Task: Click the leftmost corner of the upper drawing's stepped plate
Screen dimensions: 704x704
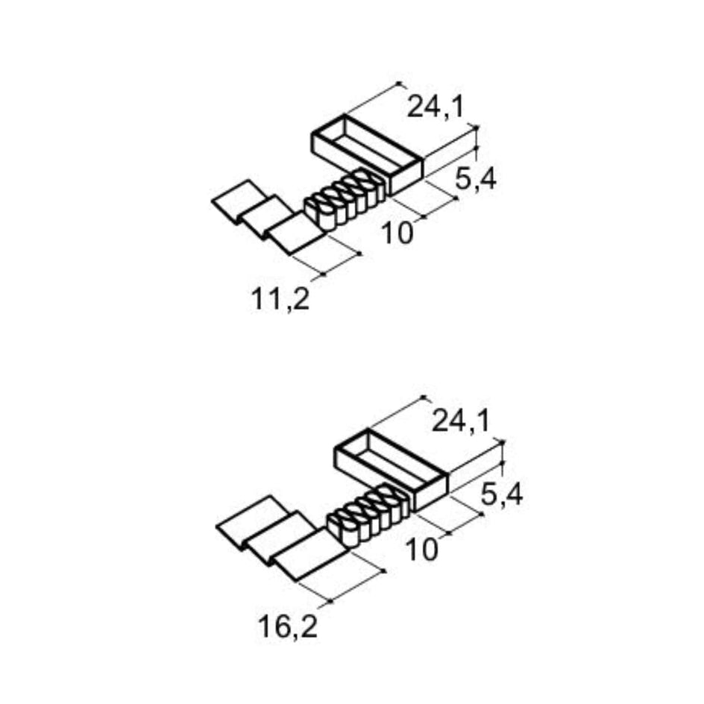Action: (212, 201)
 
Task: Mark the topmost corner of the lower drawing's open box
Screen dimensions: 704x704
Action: (368, 430)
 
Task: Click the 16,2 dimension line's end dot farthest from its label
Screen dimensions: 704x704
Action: (384, 571)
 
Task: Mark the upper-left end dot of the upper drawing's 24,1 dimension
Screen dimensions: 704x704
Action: (399, 83)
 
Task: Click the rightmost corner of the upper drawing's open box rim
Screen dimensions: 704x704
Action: (423, 160)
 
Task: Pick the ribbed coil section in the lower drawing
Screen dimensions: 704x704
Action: (369, 515)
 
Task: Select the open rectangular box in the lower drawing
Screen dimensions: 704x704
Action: (391, 470)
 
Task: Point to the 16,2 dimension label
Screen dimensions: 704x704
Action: (288, 627)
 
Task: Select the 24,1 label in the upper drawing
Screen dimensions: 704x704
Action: (435, 107)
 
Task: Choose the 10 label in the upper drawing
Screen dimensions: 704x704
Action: (397, 233)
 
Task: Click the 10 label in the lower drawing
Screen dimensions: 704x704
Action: (421, 550)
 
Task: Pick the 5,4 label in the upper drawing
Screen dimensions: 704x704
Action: (476, 180)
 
